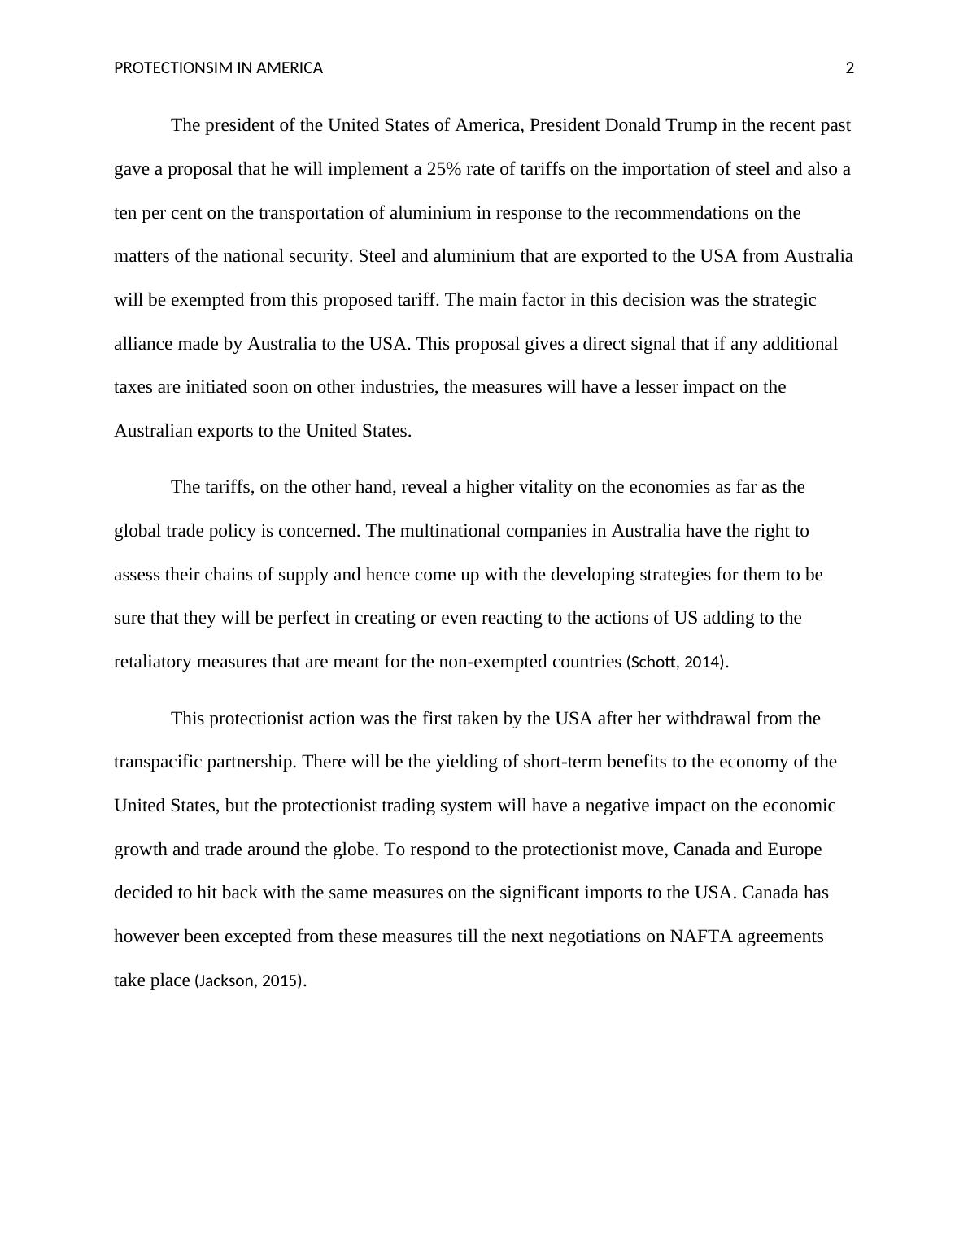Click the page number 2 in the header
pyautogui.click(x=850, y=68)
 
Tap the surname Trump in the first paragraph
pyautogui.click(x=692, y=125)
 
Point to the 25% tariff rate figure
pyautogui.click(x=444, y=169)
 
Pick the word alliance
pyautogui.click(x=143, y=344)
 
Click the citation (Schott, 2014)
pyautogui.click(x=675, y=662)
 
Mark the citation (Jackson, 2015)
pyautogui.click(x=248, y=980)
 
